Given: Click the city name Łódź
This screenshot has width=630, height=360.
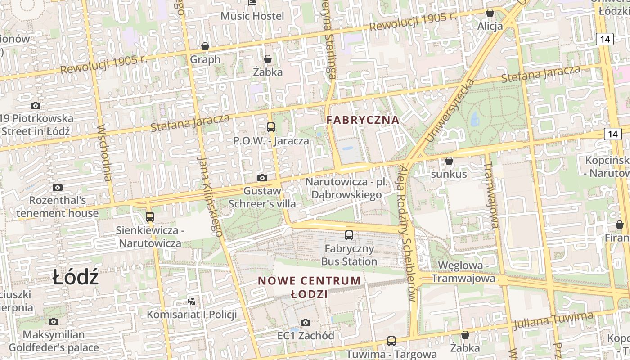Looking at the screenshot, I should (75, 277).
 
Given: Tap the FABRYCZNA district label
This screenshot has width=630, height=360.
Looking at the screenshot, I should (363, 120).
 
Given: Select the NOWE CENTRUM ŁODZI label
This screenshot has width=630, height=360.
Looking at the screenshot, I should (309, 287).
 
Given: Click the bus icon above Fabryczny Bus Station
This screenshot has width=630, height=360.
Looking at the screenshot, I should (349, 235).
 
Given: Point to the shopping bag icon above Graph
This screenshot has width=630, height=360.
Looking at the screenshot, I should (205, 46).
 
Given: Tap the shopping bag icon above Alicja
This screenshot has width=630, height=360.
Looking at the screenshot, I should (490, 13).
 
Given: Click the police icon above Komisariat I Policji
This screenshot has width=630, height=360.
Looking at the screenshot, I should (192, 300).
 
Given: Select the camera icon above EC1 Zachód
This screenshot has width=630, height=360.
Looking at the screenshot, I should (306, 322).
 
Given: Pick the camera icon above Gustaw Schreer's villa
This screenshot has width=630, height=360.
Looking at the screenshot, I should (262, 178).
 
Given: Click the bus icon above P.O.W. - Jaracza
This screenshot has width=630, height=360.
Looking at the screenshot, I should (271, 127).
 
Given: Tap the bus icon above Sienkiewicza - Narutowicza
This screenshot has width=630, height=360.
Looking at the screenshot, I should (150, 216).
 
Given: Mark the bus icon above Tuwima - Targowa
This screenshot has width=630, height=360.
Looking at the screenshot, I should (391, 341).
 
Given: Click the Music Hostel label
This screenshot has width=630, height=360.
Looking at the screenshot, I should (252, 16).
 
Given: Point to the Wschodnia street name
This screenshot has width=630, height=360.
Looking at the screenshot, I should (104, 153).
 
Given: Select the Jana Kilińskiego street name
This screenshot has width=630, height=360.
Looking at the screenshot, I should (210, 197).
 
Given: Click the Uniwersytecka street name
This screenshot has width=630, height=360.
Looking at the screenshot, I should (450, 111).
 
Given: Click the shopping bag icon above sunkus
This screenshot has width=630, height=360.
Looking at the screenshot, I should (449, 161).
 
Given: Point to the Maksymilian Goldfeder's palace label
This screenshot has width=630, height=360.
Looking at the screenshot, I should (54, 341).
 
